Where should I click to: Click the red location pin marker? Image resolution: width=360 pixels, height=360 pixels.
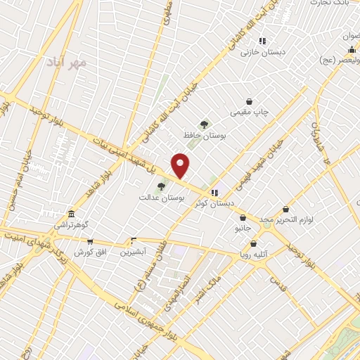[181, 165]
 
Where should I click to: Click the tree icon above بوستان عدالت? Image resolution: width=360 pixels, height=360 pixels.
[162, 187]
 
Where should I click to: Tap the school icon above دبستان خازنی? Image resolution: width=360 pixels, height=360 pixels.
[262, 41]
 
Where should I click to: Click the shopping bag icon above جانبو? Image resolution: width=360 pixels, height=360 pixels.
[243, 218]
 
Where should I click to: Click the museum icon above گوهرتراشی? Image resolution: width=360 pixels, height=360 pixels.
[71, 214]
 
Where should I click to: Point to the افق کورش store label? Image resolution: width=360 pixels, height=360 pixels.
[89, 251]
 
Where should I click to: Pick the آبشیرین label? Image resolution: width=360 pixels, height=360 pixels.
[132, 251]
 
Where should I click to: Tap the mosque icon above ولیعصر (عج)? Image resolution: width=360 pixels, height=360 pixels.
[351, 49]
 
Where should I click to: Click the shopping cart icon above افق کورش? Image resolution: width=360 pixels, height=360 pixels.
[89, 240]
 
